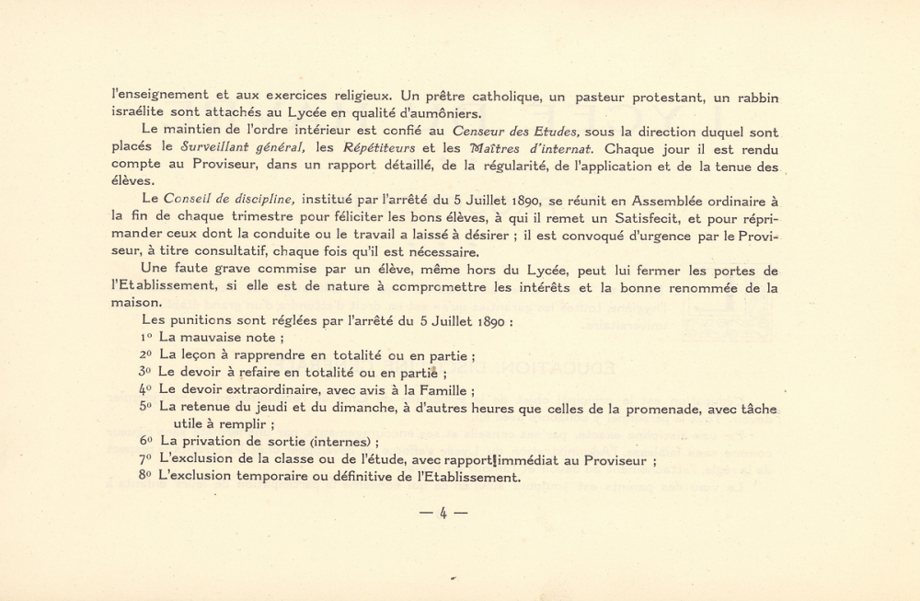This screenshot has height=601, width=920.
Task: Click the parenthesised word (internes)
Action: point(326,441)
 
